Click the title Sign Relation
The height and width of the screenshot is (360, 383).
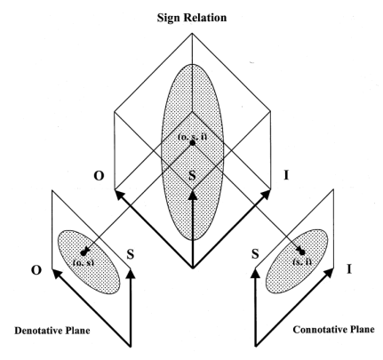click(x=193, y=15)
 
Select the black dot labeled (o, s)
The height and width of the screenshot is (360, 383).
click(x=83, y=251)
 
